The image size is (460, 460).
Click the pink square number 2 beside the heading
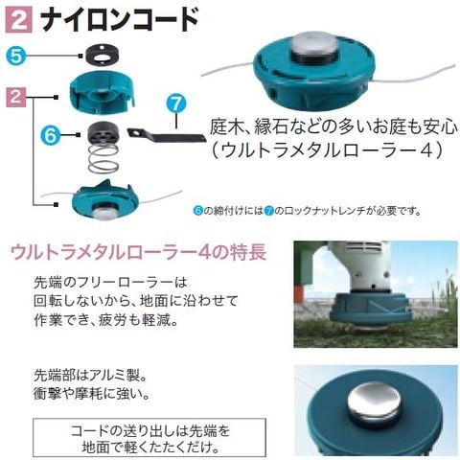point(18,19)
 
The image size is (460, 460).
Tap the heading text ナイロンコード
point(120,20)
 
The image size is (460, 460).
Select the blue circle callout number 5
point(15,56)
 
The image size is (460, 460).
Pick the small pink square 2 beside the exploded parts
point(16,97)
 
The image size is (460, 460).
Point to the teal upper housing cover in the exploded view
point(102,92)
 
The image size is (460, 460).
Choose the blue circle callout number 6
point(51,135)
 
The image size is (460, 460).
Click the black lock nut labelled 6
point(103,133)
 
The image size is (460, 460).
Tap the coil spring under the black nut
point(103,159)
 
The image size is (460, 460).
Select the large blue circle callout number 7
point(176,103)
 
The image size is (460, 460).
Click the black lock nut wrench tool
point(166,136)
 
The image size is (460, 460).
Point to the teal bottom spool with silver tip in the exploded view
point(104,200)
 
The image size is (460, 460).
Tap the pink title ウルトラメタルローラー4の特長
point(138,252)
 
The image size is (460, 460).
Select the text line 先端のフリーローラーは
point(110,283)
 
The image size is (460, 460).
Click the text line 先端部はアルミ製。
point(90,375)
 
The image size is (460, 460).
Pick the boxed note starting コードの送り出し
point(149,437)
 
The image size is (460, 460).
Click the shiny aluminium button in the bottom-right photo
point(374,404)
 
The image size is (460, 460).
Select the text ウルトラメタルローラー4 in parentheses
point(327,149)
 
